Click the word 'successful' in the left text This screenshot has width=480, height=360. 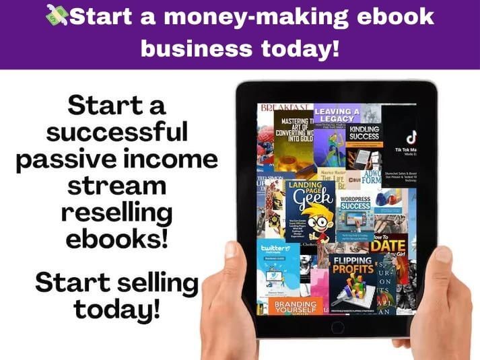(x=117, y=131)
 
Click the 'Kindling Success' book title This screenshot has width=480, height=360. (x=364, y=133)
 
